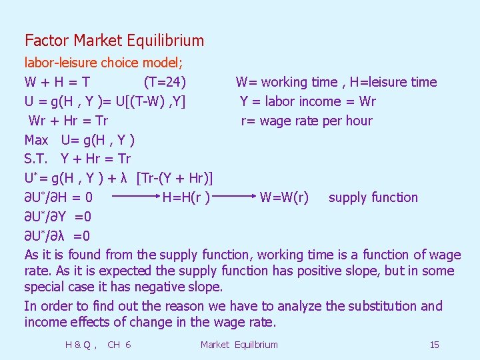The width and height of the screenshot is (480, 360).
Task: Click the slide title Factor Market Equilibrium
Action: pyautogui.click(x=114, y=41)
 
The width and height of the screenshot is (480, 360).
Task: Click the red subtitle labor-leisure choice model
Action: pyautogui.click(x=104, y=63)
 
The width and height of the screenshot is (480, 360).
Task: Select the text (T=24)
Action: pyautogui.click(x=165, y=83)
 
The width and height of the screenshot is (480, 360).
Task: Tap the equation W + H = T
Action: pyautogui.click(x=58, y=83)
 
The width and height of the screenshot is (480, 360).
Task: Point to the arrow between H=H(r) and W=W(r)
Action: pyautogui.click(x=234, y=197)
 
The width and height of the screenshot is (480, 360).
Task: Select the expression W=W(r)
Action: pyautogui.click(x=284, y=197)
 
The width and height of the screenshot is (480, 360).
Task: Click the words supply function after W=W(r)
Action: pyautogui.click(x=373, y=197)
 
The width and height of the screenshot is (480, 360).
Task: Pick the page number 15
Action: pyautogui.click(x=434, y=345)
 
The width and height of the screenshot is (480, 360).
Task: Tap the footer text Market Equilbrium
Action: pyautogui.click(x=239, y=345)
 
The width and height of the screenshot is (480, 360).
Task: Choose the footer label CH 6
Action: pyautogui.click(x=119, y=345)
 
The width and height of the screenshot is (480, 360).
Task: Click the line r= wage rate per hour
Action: pyautogui.click(x=307, y=121)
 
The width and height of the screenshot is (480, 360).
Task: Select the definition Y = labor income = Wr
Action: pyautogui.click(x=308, y=101)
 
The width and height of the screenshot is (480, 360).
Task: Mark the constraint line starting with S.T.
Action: pyautogui.click(x=77, y=159)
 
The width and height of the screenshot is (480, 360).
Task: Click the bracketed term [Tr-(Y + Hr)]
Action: pyautogui.click(x=175, y=178)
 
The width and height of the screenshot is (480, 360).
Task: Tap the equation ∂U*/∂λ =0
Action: pyautogui.click(x=58, y=235)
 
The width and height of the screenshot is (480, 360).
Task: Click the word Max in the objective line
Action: pyautogui.click(x=37, y=140)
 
